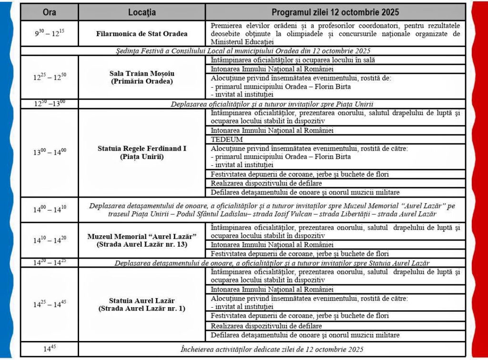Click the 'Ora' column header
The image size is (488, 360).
coord(49,12)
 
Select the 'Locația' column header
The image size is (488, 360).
coord(142,12)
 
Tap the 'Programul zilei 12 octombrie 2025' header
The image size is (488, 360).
coord(335,12)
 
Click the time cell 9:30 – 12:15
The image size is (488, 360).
coord(49,34)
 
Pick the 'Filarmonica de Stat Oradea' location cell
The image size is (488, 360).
coord(142,34)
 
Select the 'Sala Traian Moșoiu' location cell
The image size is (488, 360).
coord(142,77)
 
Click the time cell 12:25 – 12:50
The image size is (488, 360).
coord(49,77)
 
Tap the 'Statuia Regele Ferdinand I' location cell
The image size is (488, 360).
coord(142,152)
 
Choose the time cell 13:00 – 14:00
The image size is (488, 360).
coord(49,152)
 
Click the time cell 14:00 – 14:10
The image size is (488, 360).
coord(49,210)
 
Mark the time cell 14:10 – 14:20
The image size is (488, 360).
coord(49,240)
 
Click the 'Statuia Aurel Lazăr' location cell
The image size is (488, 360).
coord(142,304)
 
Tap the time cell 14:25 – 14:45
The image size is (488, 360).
coord(49,304)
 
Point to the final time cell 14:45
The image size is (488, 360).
coord(49,349)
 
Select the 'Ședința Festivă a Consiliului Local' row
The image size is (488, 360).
coord(243,51)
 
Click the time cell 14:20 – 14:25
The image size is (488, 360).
coord(49,263)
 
